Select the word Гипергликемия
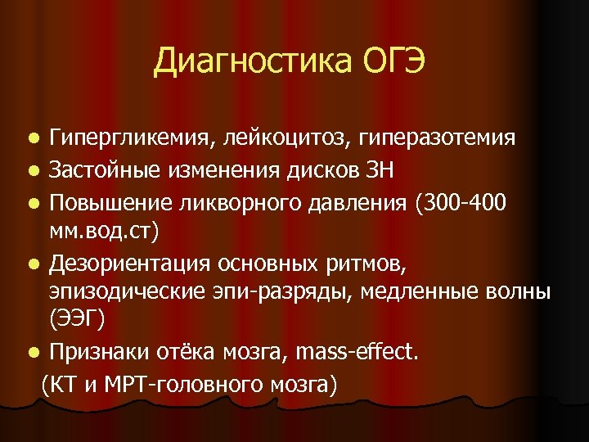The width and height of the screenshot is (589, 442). pyautogui.click(x=130, y=138)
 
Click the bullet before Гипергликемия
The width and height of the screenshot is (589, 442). pyautogui.click(x=32, y=138)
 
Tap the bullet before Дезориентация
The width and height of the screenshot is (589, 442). pyautogui.click(x=32, y=264)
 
